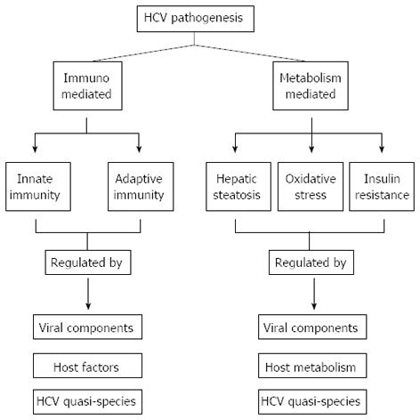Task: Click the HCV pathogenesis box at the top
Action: pos(196,19)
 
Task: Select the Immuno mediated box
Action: pos(87,85)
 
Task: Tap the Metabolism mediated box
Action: pos(311,85)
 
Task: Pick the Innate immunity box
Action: pos(38,187)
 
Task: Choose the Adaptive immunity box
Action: pos(141,187)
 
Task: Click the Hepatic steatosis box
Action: pos(238,187)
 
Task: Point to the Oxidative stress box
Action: pos(311,187)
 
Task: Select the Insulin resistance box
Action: pos(382,187)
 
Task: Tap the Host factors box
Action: pos(87,366)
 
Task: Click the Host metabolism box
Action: pos(312,366)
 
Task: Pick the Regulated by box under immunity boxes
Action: pos(88,262)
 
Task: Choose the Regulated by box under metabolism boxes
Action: pos(311,262)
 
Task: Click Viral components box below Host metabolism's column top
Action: pos(312,327)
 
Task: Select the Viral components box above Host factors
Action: pos(87,327)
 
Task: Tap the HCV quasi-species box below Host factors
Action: pos(87,402)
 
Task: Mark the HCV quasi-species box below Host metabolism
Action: pos(312,402)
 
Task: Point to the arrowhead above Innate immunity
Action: pos(35,149)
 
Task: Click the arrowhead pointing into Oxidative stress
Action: pos(311,149)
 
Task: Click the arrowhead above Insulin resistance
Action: pos(382,149)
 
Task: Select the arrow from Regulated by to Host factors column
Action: pos(88,294)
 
